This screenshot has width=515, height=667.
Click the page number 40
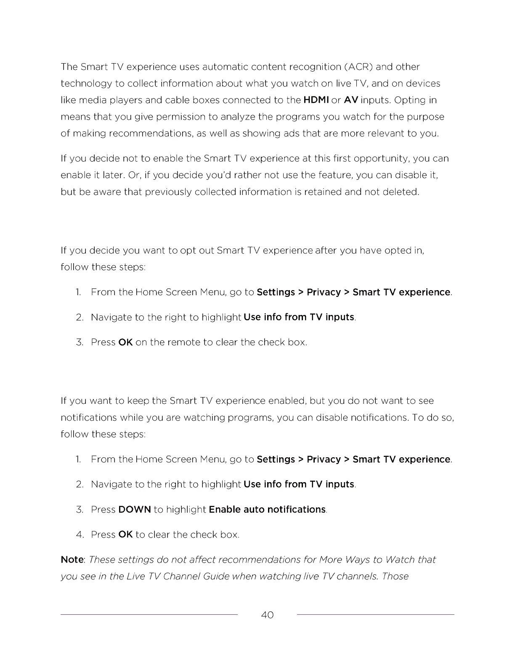(267, 615)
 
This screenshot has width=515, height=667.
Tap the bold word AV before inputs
(351, 100)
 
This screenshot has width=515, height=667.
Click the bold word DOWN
(135, 510)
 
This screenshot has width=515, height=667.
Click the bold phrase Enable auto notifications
(267, 510)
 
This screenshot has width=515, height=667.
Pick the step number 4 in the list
(80, 535)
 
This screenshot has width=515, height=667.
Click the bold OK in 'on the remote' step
(125, 342)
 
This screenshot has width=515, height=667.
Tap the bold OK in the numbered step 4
(125, 535)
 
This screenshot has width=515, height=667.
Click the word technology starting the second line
(86, 84)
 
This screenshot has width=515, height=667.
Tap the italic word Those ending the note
(396, 576)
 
